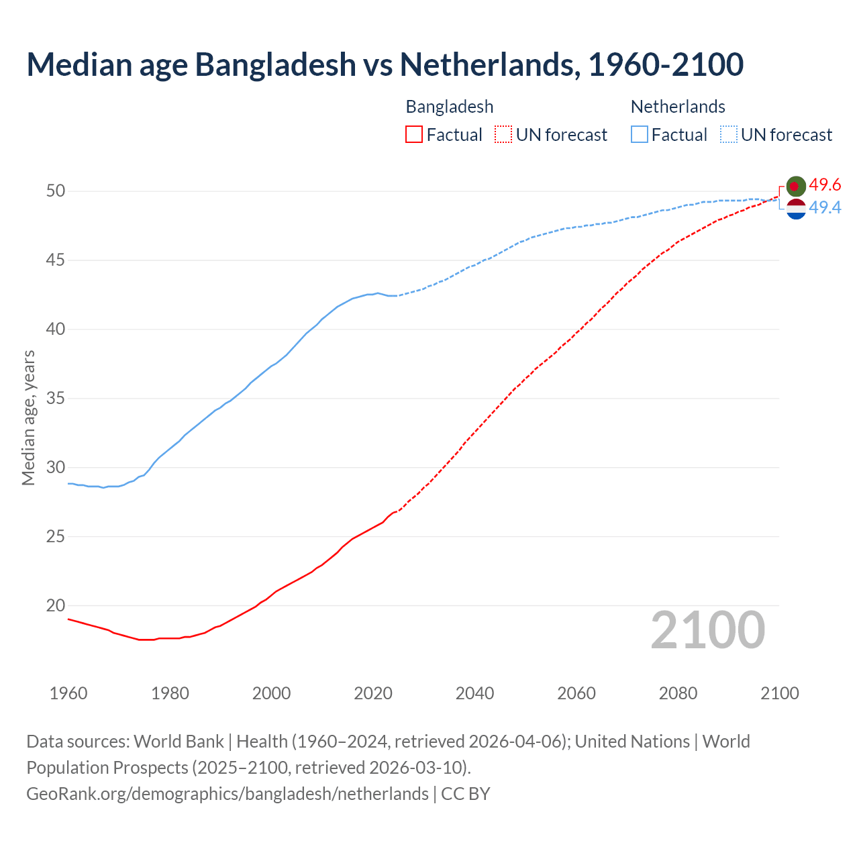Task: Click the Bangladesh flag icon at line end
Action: coord(796,186)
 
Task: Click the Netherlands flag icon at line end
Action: coord(796,209)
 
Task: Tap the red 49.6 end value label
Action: coord(825,185)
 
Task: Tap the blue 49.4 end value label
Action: coord(825,208)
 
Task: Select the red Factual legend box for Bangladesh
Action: coord(414,135)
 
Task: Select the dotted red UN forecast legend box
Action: coord(503,135)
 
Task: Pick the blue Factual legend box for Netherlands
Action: coord(639,135)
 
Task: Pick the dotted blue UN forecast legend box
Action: coord(728,135)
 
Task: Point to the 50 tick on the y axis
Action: coord(56,191)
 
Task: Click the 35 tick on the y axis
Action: coord(56,399)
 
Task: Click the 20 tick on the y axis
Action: coord(56,606)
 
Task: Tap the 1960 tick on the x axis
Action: coord(68,693)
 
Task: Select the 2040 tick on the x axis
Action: coord(474,693)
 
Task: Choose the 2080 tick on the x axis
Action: coord(678,693)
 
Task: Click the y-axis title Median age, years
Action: coord(28,417)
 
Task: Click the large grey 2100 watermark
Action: coord(708,630)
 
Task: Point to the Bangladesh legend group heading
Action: coord(450,107)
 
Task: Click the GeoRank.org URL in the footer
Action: coord(227,793)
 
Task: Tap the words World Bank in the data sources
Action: coord(179,742)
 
